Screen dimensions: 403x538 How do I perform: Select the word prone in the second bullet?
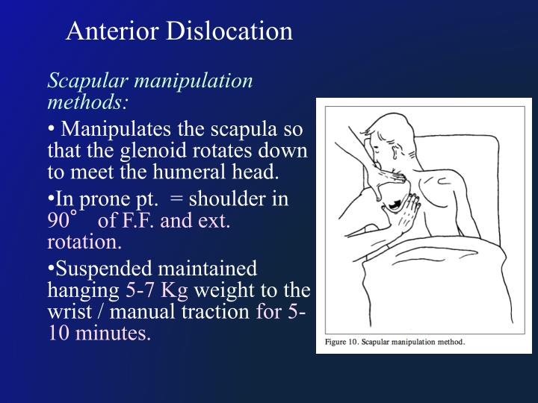pyautogui.click(x=100, y=199)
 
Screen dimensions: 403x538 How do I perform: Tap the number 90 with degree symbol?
pyautogui.click(x=61, y=222)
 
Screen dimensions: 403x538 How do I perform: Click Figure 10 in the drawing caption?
pyautogui.click(x=344, y=343)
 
